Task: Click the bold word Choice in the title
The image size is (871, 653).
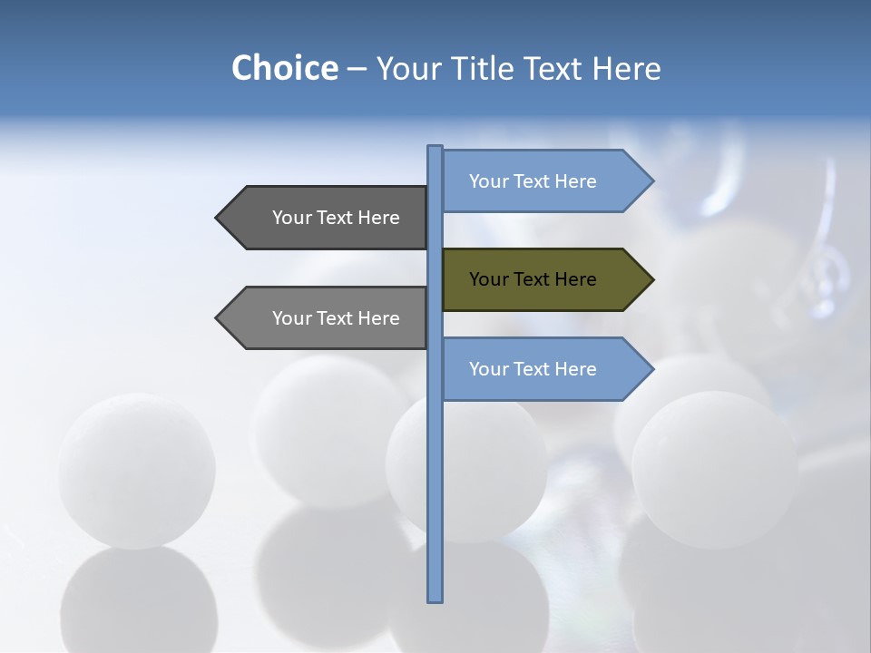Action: click(x=284, y=68)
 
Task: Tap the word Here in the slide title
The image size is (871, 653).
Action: click(x=626, y=68)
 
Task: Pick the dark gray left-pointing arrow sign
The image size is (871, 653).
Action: click(x=327, y=218)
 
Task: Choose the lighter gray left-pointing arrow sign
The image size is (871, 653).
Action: click(x=327, y=317)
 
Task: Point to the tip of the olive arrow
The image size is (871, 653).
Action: click(x=651, y=279)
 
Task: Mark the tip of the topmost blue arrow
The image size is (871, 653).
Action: click(x=651, y=181)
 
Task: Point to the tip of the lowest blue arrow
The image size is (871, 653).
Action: click(x=651, y=369)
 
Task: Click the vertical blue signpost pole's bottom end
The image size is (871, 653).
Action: click(x=435, y=599)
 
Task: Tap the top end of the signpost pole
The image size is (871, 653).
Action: click(x=435, y=148)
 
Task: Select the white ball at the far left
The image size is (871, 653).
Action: click(x=137, y=470)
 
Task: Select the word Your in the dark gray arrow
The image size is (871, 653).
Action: click(x=291, y=218)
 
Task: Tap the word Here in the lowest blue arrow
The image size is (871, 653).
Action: click(x=574, y=369)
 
